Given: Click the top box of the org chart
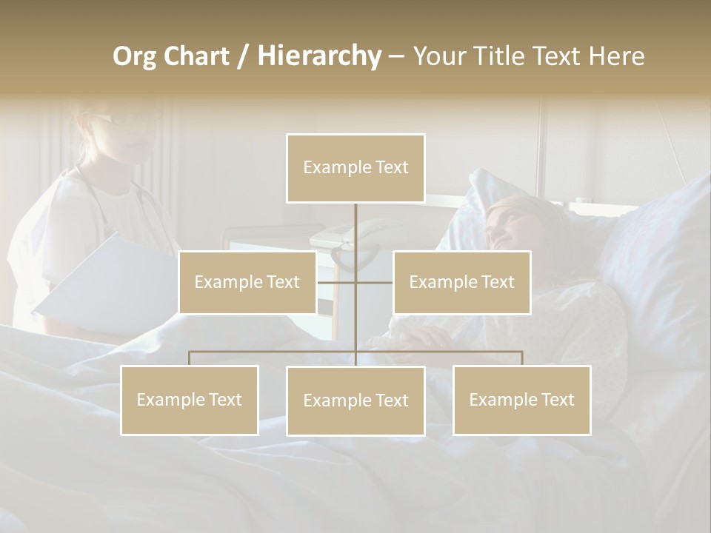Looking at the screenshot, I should pyautogui.click(x=355, y=168).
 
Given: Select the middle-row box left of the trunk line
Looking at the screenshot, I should pyautogui.click(x=247, y=282).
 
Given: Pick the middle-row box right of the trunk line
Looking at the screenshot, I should pyautogui.click(x=461, y=282).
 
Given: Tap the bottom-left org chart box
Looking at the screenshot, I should pyautogui.click(x=190, y=400).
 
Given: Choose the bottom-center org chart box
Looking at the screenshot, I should pyautogui.click(x=355, y=400).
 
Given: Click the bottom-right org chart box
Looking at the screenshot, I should pyautogui.click(x=521, y=400).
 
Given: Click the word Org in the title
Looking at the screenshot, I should pyautogui.click(x=134, y=56).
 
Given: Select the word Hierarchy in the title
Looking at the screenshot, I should pyautogui.click(x=318, y=56).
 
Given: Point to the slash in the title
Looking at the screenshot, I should pyautogui.click(x=242, y=56).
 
